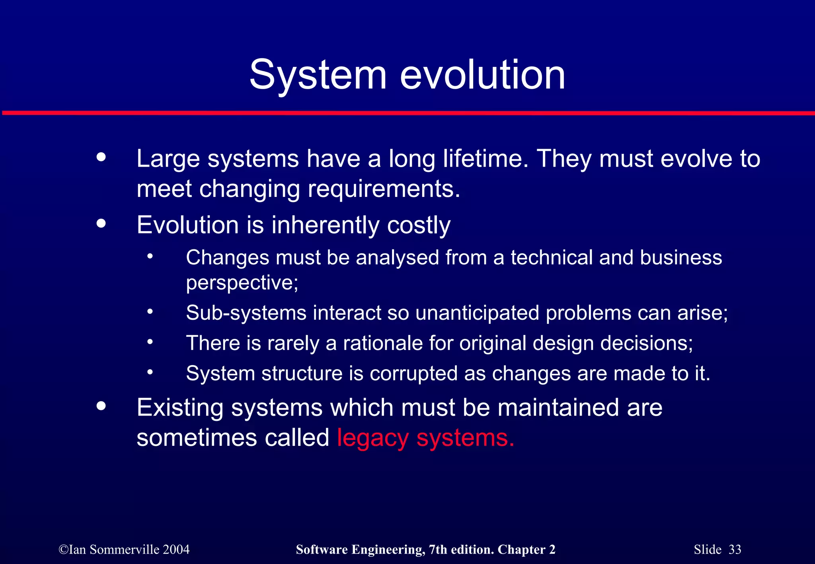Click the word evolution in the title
coord(482,75)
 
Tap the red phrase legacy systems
coord(425,438)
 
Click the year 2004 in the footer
coord(176,549)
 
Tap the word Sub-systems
coord(246,313)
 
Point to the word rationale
coord(382,343)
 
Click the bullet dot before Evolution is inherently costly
coord(101,223)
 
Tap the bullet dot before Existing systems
coord(101,406)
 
